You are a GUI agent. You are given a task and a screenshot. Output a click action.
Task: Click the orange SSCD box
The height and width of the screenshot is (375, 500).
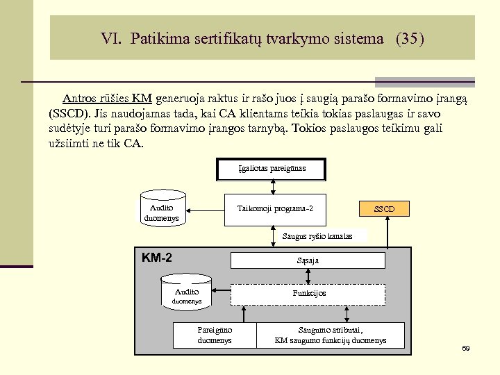[384, 208]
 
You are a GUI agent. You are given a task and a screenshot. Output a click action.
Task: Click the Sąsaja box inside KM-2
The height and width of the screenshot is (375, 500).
[307, 260]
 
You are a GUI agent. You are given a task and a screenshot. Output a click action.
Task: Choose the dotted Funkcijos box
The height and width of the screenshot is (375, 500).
[307, 293]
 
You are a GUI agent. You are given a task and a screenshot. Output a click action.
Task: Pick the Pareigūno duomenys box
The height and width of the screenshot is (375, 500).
[215, 335]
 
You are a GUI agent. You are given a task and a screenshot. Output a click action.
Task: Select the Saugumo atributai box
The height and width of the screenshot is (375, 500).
[330, 335]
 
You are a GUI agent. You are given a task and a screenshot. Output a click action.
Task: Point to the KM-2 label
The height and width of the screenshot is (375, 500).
[157, 258]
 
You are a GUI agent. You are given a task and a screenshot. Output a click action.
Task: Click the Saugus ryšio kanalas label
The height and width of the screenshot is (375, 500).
[317, 236]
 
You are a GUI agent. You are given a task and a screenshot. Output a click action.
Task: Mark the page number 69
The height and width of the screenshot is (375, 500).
[466, 348]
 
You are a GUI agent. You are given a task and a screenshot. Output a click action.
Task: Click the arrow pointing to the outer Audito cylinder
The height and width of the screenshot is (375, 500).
[201, 208]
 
